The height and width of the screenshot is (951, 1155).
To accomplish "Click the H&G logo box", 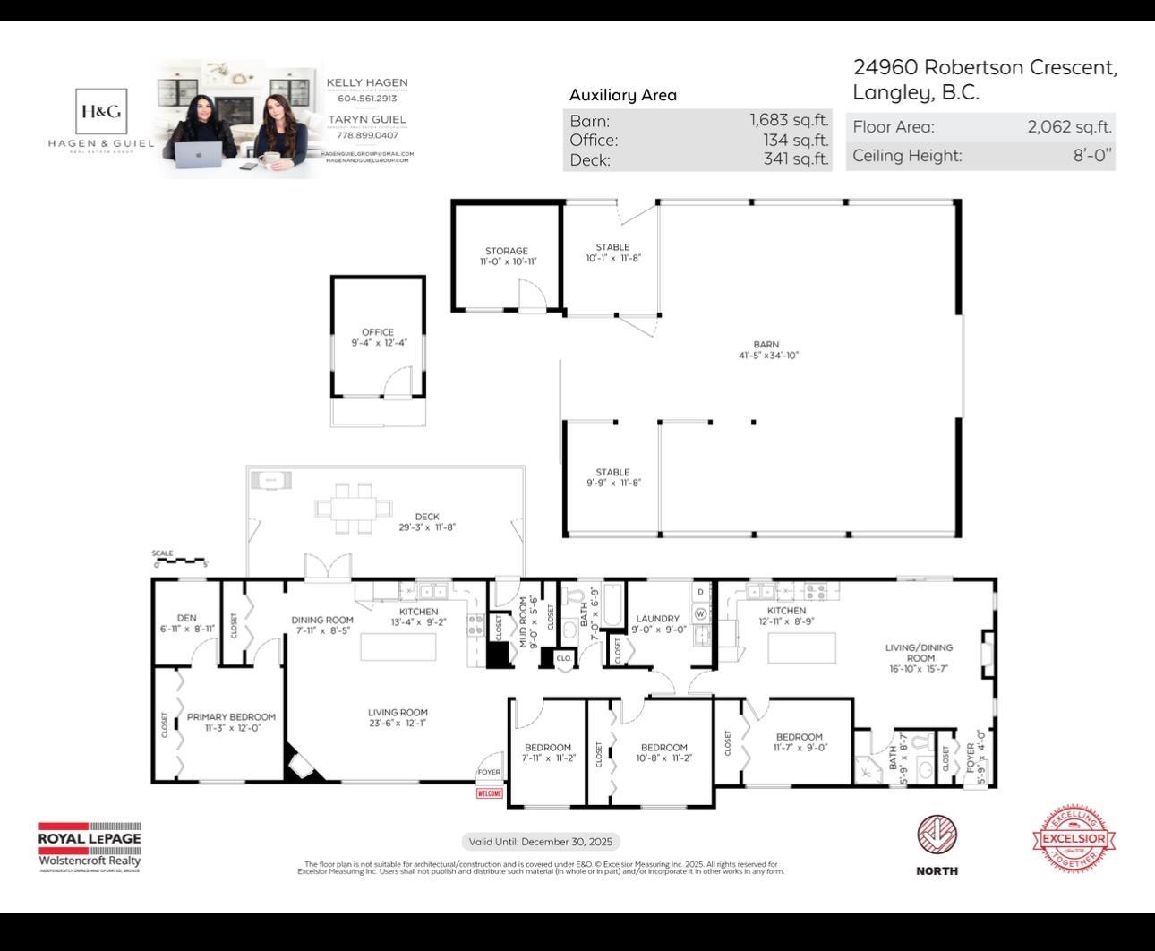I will (100, 111).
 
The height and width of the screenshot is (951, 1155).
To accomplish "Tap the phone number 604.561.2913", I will (366, 99).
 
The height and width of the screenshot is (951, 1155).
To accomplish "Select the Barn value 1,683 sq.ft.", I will (789, 120).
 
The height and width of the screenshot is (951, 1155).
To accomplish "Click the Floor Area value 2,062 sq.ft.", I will (1069, 127).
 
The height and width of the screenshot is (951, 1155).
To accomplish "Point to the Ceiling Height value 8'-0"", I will (1092, 155).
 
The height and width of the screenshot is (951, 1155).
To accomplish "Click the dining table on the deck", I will (354, 507).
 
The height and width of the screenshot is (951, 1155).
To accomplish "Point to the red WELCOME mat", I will (489, 793).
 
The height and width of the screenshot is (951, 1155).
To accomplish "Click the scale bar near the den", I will (180, 561).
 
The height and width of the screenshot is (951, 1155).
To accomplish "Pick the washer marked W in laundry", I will (700, 613).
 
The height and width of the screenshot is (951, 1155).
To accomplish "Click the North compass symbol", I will (937, 835).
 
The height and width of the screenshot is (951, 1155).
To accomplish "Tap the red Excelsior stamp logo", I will (1073, 839).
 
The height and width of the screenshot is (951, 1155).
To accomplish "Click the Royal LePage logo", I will (90, 844).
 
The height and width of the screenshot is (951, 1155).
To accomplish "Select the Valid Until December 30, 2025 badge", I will (541, 842).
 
